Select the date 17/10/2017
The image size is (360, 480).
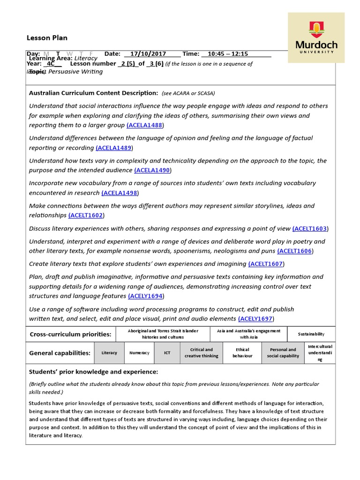tap(146, 54)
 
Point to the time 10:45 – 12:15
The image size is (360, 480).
tap(227, 54)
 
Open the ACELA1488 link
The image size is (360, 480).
tap(145, 125)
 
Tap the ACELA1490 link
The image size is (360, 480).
tap(153, 170)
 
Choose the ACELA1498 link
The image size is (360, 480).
tap(120, 193)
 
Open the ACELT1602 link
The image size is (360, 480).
tap(86, 215)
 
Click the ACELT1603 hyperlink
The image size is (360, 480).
tap(310, 228)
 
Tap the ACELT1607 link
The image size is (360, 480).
tap(266, 264)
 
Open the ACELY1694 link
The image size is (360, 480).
tap(146, 296)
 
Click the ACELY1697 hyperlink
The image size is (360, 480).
tap(255, 318)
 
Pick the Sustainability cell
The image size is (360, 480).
tap(311, 334)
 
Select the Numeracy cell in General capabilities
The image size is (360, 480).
tap(139, 352)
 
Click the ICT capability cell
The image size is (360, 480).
tap(167, 352)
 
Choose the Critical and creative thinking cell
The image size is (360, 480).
tap(202, 352)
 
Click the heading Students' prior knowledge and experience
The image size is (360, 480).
tap(93, 372)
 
